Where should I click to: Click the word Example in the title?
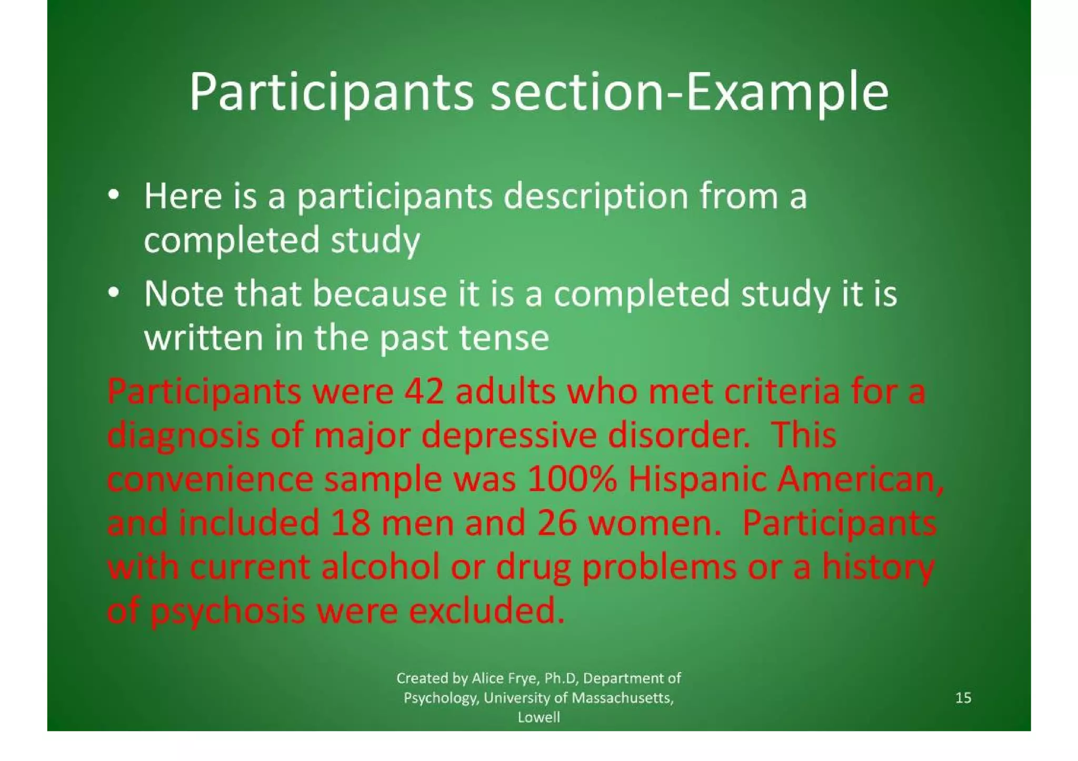click(788, 93)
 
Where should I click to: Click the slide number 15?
click(963, 697)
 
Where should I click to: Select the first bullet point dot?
click(113, 195)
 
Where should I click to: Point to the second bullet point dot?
click(113, 292)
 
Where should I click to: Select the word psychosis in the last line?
click(228, 612)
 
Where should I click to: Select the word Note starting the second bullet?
click(184, 293)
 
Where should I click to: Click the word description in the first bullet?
click(596, 197)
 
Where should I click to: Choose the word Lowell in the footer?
click(538, 717)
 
